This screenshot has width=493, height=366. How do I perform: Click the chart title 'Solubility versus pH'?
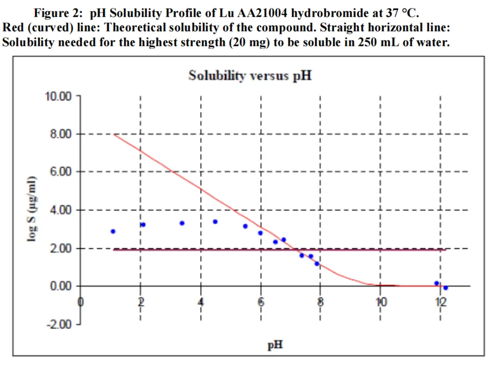[250, 76]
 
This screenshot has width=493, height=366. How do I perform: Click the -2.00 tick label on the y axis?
[58, 324]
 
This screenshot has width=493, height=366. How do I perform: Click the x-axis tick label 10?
[381, 302]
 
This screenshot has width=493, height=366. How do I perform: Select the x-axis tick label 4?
[201, 302]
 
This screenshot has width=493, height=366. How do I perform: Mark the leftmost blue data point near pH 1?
[113, 232]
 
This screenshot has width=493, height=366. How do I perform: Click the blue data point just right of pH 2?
[143, 224]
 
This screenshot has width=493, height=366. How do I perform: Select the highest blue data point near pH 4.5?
[215, 221]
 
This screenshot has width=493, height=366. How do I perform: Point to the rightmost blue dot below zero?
[446, 288]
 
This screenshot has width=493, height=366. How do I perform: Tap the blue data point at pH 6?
[260, 233]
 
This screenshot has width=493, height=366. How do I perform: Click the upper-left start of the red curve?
[115, 134]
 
